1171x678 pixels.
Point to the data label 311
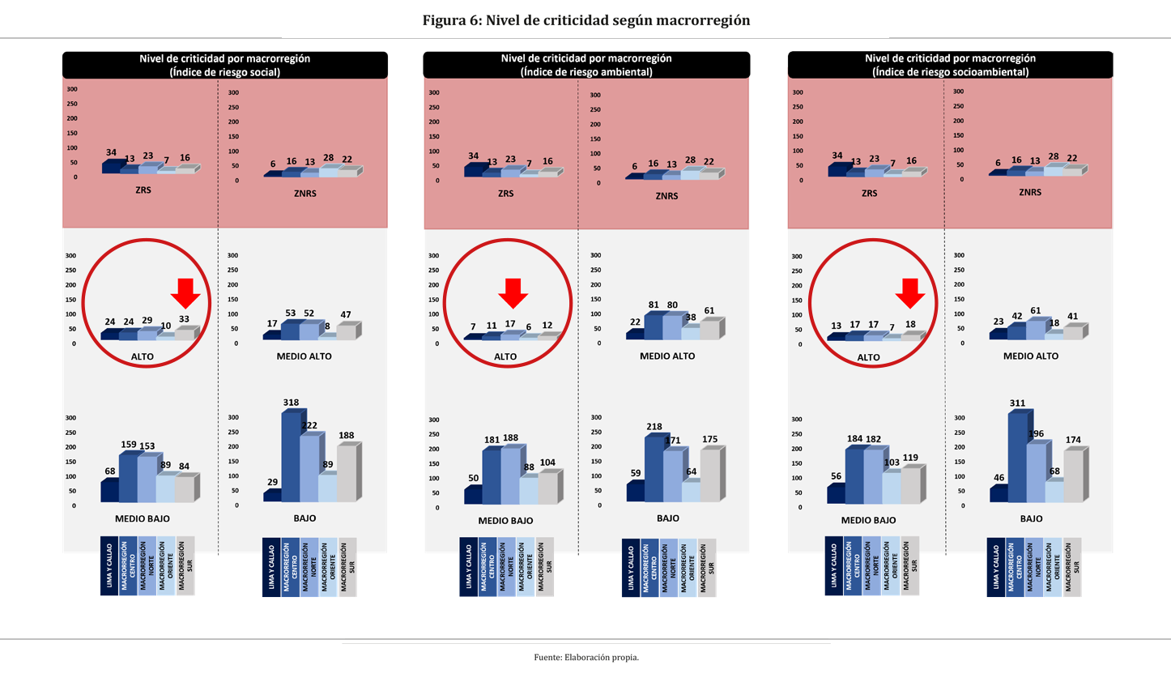pos(1017,403)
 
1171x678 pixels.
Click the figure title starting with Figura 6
pos(585,20)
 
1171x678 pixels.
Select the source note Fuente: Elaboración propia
pos(586,657)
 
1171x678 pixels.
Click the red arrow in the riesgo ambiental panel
pos(513,292)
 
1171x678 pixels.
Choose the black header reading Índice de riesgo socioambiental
pos(950,65)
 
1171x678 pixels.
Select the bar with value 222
pos(309,469)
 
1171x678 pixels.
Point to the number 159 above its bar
pos(129,444)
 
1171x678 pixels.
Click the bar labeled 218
pos(653,470)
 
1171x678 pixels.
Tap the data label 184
pos(854,439)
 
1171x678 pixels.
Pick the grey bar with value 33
pos(184,335)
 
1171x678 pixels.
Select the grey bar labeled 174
pos(1072,475)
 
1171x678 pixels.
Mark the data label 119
pos(909,458)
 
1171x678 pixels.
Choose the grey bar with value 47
pos(345,331)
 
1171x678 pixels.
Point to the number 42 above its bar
pos(1016,316)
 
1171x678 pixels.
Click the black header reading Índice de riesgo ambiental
pos(586,65)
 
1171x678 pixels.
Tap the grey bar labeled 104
pos(547,488)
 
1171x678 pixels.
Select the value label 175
pos(710,439)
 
